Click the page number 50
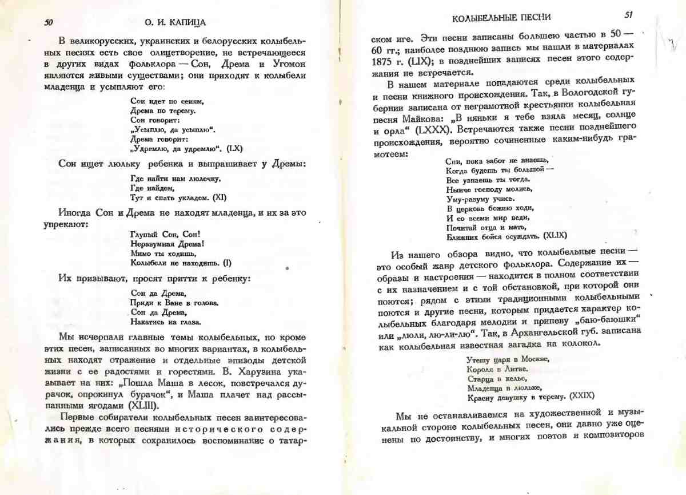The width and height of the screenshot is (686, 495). pos(48,22)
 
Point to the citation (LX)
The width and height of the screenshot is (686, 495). pos(235,148)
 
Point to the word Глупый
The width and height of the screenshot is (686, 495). pos(142,233)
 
